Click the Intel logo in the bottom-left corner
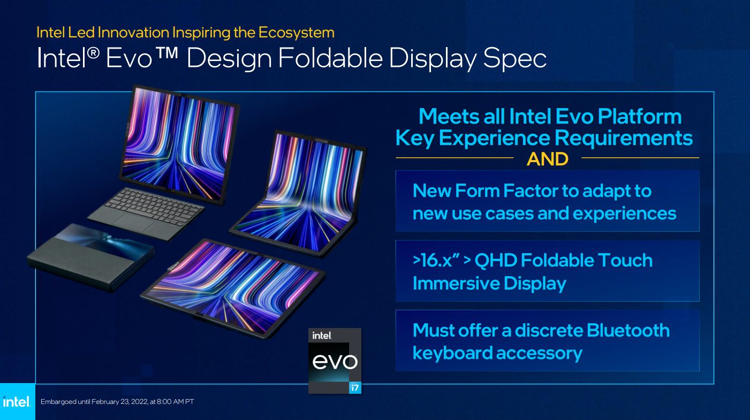pos(17,402)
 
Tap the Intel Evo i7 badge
pos(335,360)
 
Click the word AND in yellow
pos(547,159)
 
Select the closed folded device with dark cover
pos(88,257)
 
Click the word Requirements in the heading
pos(623,138)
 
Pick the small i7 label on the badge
pos(354,388)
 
